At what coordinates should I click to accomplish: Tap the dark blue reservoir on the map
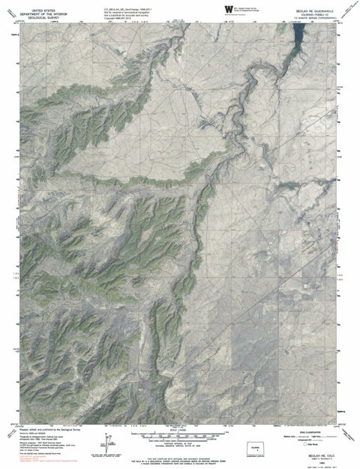pos(298,35)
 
